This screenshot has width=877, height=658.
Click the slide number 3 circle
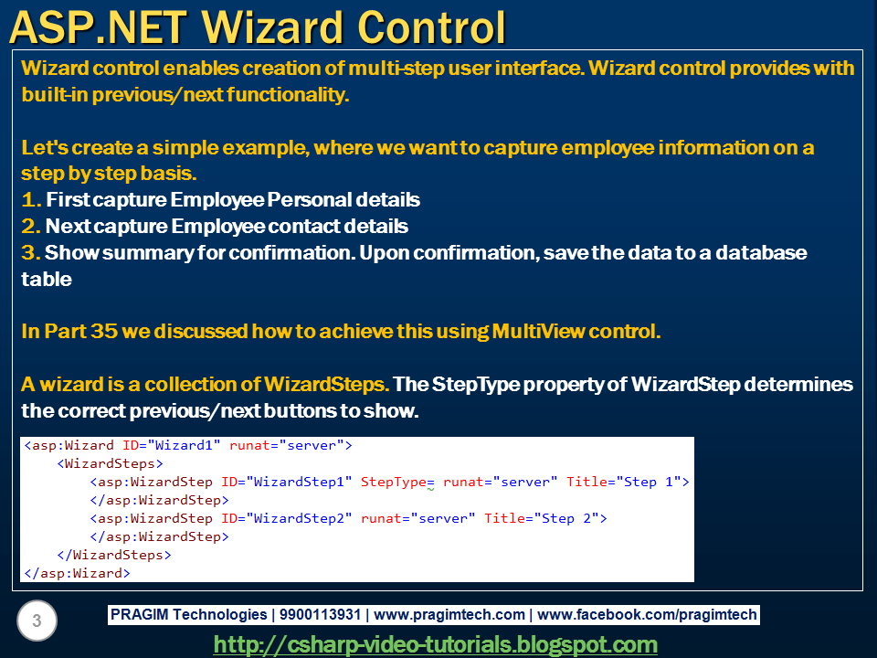tap(37, 621)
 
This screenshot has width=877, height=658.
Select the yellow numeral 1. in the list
tap(31, 200)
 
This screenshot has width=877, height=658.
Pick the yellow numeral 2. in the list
tap(31, 226)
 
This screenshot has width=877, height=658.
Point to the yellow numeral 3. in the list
tap(31, 252)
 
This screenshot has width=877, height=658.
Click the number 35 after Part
tap(103, 331)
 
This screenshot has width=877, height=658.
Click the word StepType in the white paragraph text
tap(476, 385)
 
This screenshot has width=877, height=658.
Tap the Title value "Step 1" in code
tap(649, 482)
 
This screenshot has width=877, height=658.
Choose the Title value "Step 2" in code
tap(566, 518)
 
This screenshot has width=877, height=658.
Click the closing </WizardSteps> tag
tap(114, 555)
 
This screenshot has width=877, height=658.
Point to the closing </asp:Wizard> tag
tap(77, 574)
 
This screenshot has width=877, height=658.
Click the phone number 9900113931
tap(320, 614)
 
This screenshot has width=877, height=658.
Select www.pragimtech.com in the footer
tap(449, 614)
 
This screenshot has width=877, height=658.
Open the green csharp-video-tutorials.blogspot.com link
tap(435, 644)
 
